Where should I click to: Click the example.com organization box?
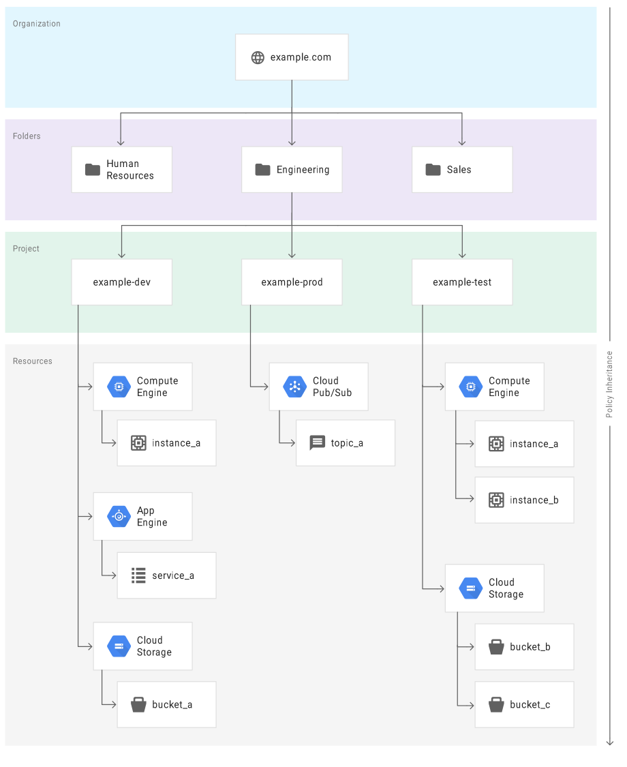click(x=292, y=57)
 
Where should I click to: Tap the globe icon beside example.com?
click(x=258, y=57)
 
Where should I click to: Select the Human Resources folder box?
click(x=121, y=170)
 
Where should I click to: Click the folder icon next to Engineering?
click(x=262, y=170)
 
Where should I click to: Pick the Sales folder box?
click(x=462, y=170)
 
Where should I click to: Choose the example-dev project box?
click(x=121, y=282)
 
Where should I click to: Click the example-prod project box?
click(x=292, y=282)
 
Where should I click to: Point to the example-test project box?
click(x=462, y=282)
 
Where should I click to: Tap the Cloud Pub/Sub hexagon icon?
click(x=294, y=387)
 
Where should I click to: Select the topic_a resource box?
click(x=346, y=443)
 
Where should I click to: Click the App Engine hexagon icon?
click(x=119, y=516)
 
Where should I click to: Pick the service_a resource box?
click(x=166, y=575)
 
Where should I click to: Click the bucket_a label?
click(x=172, y=704)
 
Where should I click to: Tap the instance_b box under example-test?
click(x=524, y=500)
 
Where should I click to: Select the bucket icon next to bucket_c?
click(x=496, y=704)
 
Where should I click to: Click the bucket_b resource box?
click(x=524, y=646)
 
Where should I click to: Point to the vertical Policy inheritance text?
click(x=610, y=384)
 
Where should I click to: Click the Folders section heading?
click(x=27, y=136)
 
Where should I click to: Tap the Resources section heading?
click(x=32, y=361)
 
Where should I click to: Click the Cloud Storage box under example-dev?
click(x=142, y=646)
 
